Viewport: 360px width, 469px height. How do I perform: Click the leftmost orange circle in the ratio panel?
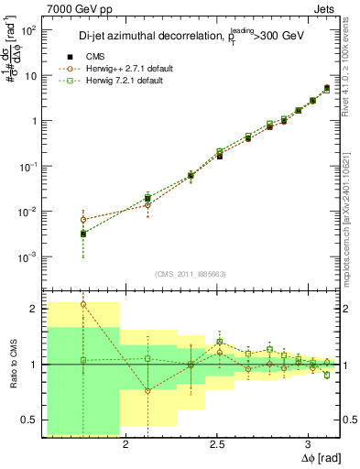83,304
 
